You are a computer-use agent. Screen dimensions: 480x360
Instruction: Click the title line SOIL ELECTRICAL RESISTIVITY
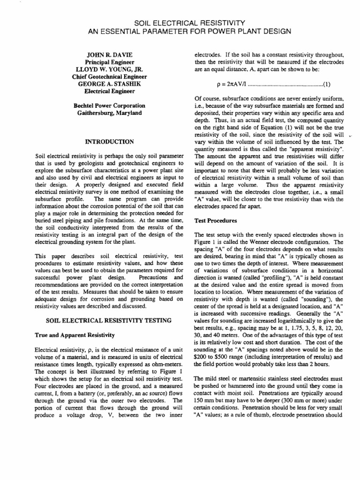coord(180,22)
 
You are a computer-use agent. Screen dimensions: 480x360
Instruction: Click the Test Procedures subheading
coord(216,220)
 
